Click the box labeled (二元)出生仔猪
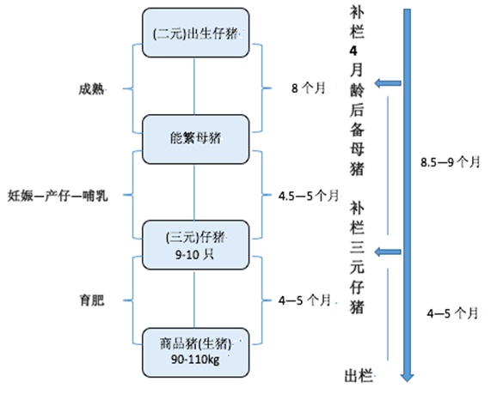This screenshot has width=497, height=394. pos(193,33)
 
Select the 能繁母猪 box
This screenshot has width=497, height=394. pos(193,136)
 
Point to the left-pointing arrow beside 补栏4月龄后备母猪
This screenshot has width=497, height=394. pos(390,83)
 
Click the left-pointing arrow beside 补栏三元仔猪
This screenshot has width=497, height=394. pos(390,252)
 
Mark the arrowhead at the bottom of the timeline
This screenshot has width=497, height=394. pos(409,373)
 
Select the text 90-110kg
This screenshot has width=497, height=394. pos(193,360)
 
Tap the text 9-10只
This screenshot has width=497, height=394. pos(193,254)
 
